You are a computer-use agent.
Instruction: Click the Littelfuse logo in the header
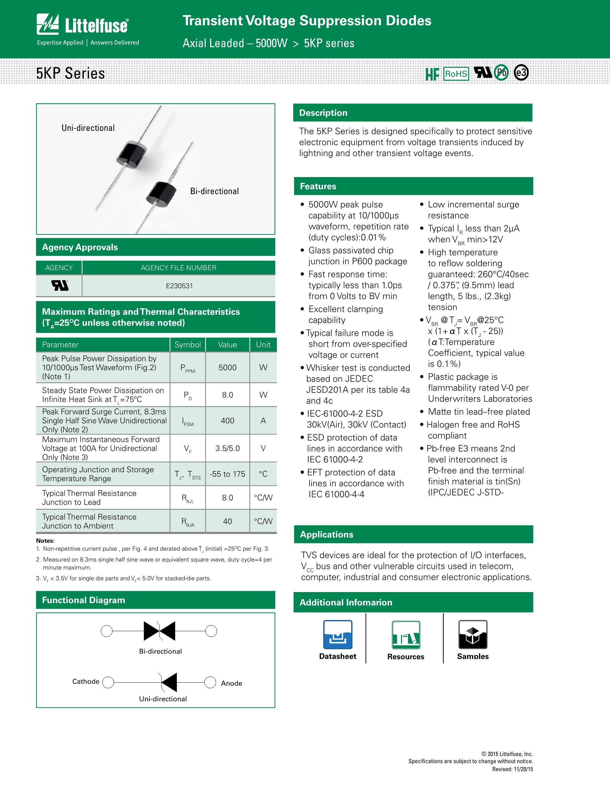pyautogui.click(x=83, y=25)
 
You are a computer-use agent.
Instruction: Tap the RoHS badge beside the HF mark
pyautogui.click(x=456, y=74)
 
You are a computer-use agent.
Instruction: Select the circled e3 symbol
pyautogui.click(x=521, y=73)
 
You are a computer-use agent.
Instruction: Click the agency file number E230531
pyautogui.click(x=179, y=286)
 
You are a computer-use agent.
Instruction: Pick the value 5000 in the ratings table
pyautogui.click(x=227, y=367)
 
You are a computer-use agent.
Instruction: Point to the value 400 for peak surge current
pyautogui.click(x=227, y=420)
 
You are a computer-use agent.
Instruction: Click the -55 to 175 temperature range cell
pyautogui.click(x=227, y=474)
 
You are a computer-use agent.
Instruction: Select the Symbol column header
pyautogui.click(x=187, y=345)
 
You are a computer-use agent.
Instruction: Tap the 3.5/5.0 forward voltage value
pyautogui.click(x=227, y=448)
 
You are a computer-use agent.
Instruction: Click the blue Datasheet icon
pyautogui.click(x=338, y=635)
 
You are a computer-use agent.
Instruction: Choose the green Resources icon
pyautogui.click(x=406, y=635)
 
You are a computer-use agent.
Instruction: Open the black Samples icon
pyautogui.click(x=473, y=635)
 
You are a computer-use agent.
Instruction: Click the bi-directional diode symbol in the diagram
pyautogui.click(x=159, y=631)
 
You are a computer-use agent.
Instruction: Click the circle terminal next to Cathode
pyautogui.click(x=108, y=682)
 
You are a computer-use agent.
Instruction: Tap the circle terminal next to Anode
pyautogui.click(x=210, y=682)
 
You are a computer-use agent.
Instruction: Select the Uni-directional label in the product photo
pyautogui.click(x=88, y=128)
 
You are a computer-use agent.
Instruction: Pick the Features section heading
pyautogui.click(x=318, y=186)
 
